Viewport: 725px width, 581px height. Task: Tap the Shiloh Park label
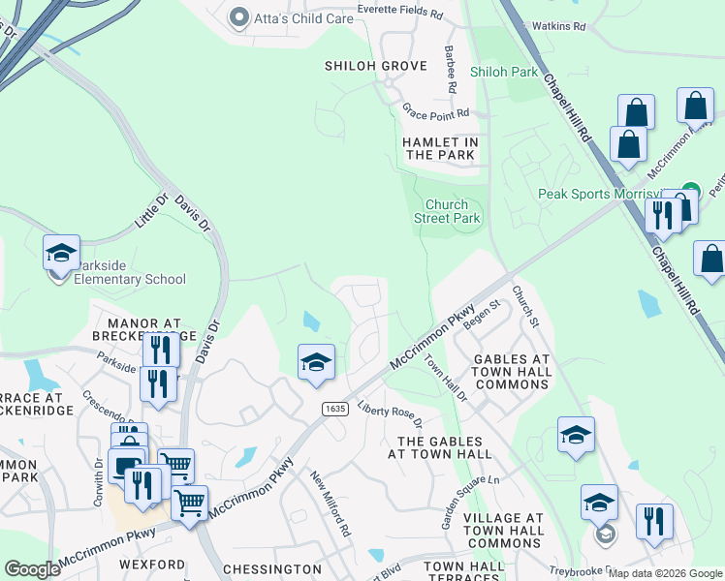pos(503,73)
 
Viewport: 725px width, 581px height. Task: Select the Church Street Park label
pos(453,211)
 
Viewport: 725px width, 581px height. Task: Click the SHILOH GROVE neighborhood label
pos(376,66)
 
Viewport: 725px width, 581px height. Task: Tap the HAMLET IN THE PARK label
pos(441,148)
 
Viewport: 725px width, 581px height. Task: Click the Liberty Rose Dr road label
pos(390,414)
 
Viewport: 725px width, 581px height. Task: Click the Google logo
pos(32,569)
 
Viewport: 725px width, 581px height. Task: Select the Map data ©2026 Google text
pos(664,573)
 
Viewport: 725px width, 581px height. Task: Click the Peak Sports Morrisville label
pos(601,194)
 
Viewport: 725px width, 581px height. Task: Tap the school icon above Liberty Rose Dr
pos(316,363)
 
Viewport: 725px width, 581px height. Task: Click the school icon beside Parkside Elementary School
pos(61,254)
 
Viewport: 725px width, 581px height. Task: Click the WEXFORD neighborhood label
pos(151,564)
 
